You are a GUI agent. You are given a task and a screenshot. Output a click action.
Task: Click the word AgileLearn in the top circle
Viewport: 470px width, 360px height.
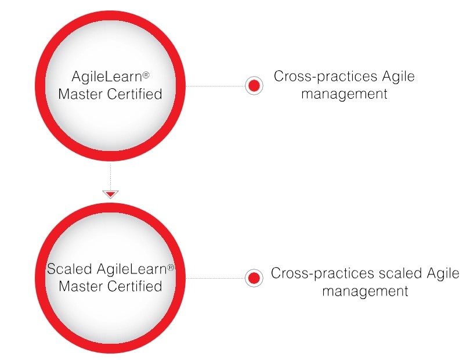(106, 77)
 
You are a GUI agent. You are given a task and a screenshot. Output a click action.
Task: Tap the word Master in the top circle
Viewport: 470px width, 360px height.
(82, 94)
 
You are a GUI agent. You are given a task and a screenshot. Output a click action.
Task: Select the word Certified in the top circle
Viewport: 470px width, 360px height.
(135, 94)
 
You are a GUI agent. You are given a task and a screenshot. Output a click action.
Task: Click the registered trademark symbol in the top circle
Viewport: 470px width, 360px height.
(147, 74)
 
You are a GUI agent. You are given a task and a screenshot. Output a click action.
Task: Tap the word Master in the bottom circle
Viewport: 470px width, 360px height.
(82, 286)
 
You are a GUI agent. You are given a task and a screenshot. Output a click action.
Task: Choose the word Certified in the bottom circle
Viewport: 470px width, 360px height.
(135, 286)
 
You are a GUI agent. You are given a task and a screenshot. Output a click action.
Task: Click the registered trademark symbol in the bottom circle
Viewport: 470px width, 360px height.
(171, 267)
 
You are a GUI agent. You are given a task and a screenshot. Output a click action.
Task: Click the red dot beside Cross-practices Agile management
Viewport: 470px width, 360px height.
(254, 86)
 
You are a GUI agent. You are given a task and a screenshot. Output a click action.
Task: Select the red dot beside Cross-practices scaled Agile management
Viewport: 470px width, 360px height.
(253, 278)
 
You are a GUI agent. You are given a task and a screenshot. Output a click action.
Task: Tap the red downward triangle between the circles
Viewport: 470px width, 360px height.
(110, 194)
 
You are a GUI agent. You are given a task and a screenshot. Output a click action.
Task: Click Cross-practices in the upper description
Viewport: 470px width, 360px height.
(321, 77)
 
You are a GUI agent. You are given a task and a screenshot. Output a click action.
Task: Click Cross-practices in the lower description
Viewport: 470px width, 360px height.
(318, 273)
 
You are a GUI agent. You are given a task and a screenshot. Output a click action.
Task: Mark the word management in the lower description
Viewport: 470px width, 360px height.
(365, 291)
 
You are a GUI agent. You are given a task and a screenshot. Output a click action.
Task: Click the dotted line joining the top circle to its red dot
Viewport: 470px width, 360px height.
(215, 86)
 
